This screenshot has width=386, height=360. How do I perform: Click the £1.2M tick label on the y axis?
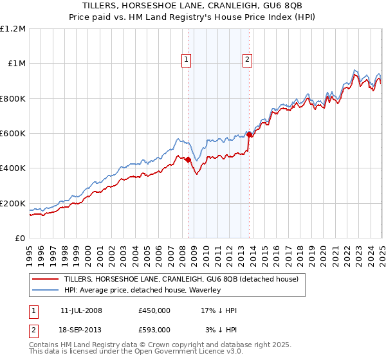pyautogui.click(x=13, y=29)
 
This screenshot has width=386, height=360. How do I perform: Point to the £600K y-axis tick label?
pyautogui.click(x=13, y=134)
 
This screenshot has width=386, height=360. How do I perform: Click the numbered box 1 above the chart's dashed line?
pyautogui.click(x=187, y=60)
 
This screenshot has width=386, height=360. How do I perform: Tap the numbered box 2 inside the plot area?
pyautogui.click(x=247, y=60)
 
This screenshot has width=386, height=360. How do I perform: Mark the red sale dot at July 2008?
pyautogui.click(x=188, y=160)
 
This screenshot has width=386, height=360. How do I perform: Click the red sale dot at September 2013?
pyautogui.click(x=249, y=135)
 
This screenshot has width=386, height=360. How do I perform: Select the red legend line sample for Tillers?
pyautogui.click(x=45, y=280)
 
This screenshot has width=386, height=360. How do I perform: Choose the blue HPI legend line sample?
pyautogui.click(x=45, y=291)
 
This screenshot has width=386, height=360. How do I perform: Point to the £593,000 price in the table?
pyautogui.click(x=154, y=329)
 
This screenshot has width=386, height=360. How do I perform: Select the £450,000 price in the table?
pyautogui.click(x=154, y=310)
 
